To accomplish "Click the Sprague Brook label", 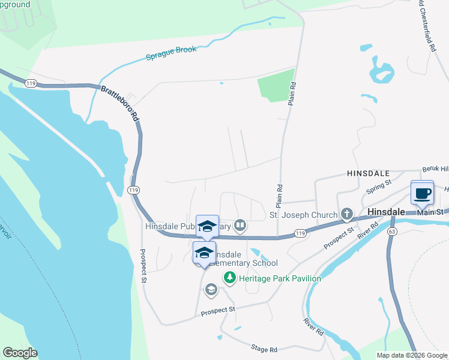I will coord(171,53).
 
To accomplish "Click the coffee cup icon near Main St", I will coord(422,193).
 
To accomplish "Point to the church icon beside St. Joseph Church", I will coord(346,214).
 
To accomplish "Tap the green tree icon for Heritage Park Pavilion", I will coord(229,278).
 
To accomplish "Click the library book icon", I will coord(240,226).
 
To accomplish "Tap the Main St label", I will coord(430,212).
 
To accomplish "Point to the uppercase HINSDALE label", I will coord(369,172).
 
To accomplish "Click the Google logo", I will coord(20,353).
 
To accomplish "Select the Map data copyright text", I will coord(412,355).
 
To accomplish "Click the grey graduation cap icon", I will coord(211,290).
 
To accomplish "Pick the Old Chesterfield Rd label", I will coord(427,26).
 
